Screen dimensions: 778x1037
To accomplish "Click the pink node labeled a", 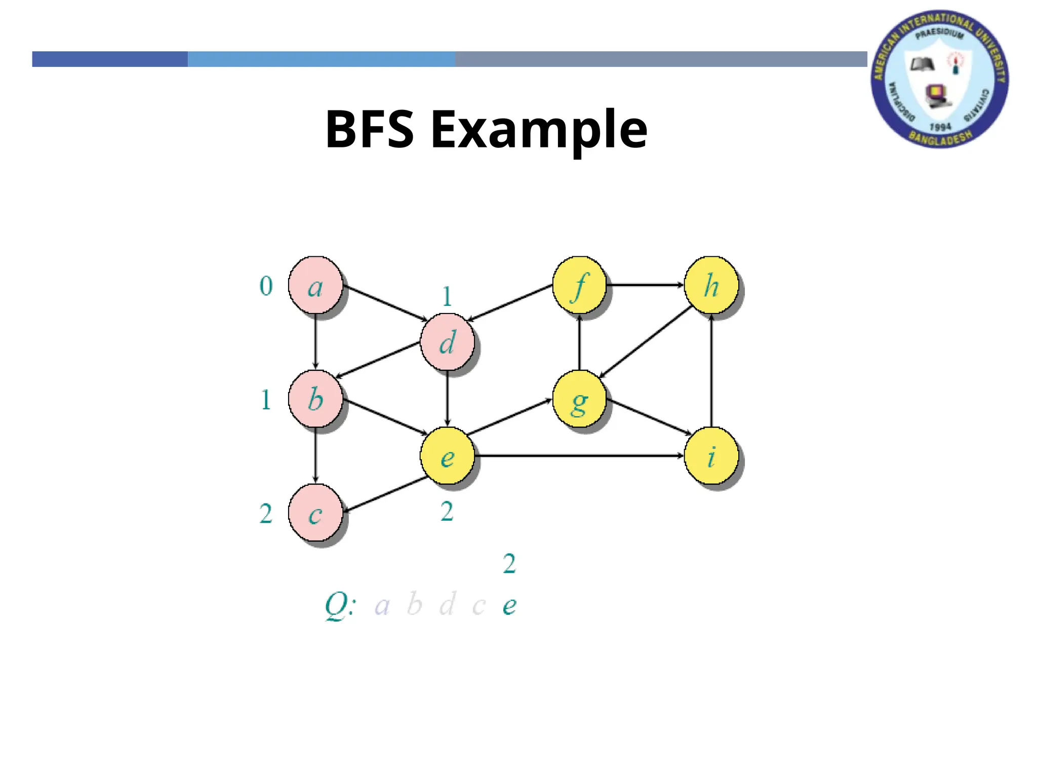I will point(315,285).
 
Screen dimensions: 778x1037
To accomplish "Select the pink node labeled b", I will point(315,399).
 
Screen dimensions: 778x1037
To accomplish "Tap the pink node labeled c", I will point(315,513).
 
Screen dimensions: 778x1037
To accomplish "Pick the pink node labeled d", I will point(447,342).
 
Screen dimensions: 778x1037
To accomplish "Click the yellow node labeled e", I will point(447,456).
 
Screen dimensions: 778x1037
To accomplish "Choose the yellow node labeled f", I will point(579,285).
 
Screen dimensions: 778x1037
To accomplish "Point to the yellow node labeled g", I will point(579,399).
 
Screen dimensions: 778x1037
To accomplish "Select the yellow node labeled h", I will point(711,285).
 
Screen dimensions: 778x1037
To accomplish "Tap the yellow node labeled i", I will point(711,456).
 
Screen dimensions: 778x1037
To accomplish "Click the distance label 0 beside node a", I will point(266,286).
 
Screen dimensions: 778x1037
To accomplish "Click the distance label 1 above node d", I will point(447,297).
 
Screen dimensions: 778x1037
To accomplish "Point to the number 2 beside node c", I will point(266,514).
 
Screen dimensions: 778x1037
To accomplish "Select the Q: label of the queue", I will point(340,605).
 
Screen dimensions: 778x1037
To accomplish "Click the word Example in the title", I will point(539,130).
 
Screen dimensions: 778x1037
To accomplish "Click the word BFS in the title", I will point(370,130).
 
